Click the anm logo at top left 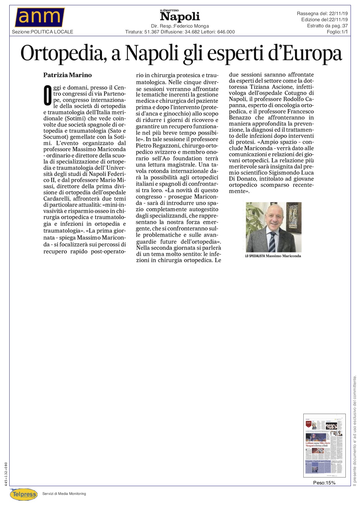point(40,17)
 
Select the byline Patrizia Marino point(67,75)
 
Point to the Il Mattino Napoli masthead point(180,16)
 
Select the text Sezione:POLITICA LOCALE point(42,32)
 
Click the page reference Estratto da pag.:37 point(327,26)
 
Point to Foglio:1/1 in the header point(337,32)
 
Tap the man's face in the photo point(273,221)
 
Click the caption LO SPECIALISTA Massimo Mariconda point(273,256)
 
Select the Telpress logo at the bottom point(24,494)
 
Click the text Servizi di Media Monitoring point(64,493)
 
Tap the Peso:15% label point(324,483)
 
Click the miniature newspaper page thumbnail point(324,445)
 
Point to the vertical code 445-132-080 point(6,474)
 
